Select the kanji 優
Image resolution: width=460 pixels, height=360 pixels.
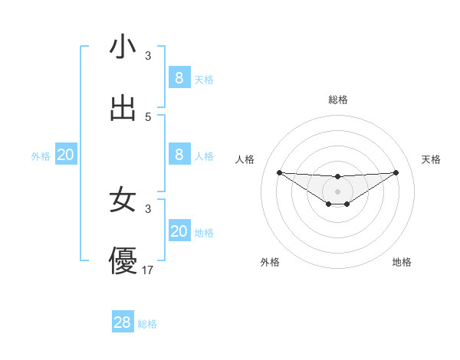[x=123, y=260]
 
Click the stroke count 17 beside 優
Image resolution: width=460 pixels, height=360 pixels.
[x=149, y=270]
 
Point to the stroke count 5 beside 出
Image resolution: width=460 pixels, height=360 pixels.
[x=148, y=117]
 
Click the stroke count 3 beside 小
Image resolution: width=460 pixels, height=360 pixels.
[x=148, y=56]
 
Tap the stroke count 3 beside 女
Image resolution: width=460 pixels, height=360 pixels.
[x=148, y=208]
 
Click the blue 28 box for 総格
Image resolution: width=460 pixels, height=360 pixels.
[x=123, y=322]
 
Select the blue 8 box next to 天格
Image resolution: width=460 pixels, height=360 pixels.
[x=179, y=77]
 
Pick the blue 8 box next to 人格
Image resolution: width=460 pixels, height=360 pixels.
[x=179, y=155]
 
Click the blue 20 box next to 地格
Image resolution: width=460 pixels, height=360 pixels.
[x=179, y=231]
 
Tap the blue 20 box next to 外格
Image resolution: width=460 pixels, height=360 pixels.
[x=66, y=155]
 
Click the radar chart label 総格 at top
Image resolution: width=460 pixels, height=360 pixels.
[x=337, y=100]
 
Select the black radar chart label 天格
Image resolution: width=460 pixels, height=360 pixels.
[x=431, y=159]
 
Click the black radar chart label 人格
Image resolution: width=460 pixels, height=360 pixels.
[x=245, y=159]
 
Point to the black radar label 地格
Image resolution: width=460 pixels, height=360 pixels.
[x=402, y=262]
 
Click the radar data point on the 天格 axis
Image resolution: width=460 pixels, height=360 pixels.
[x=396, y=172]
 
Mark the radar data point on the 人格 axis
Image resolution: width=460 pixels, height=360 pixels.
[x=279, y=172]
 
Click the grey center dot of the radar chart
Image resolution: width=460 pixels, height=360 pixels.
[x=337, y=191]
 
